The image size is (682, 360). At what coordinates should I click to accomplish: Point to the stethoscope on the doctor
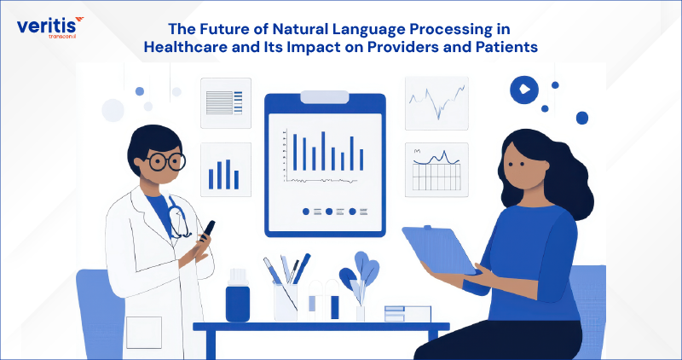[178, 218]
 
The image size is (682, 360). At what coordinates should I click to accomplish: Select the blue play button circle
[522, 88]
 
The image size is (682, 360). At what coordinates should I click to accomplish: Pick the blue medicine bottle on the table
[238, 299]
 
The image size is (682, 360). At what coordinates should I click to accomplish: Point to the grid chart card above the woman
[436, 167]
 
